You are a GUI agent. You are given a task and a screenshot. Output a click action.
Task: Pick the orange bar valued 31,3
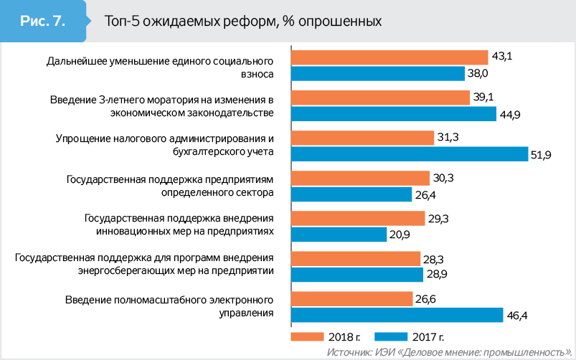[362, 138]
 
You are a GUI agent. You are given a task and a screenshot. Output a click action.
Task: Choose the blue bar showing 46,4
[398, 314]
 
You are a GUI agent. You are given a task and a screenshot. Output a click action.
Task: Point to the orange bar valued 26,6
[351, 298]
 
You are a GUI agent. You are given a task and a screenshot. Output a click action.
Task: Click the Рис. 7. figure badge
[44, 21]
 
